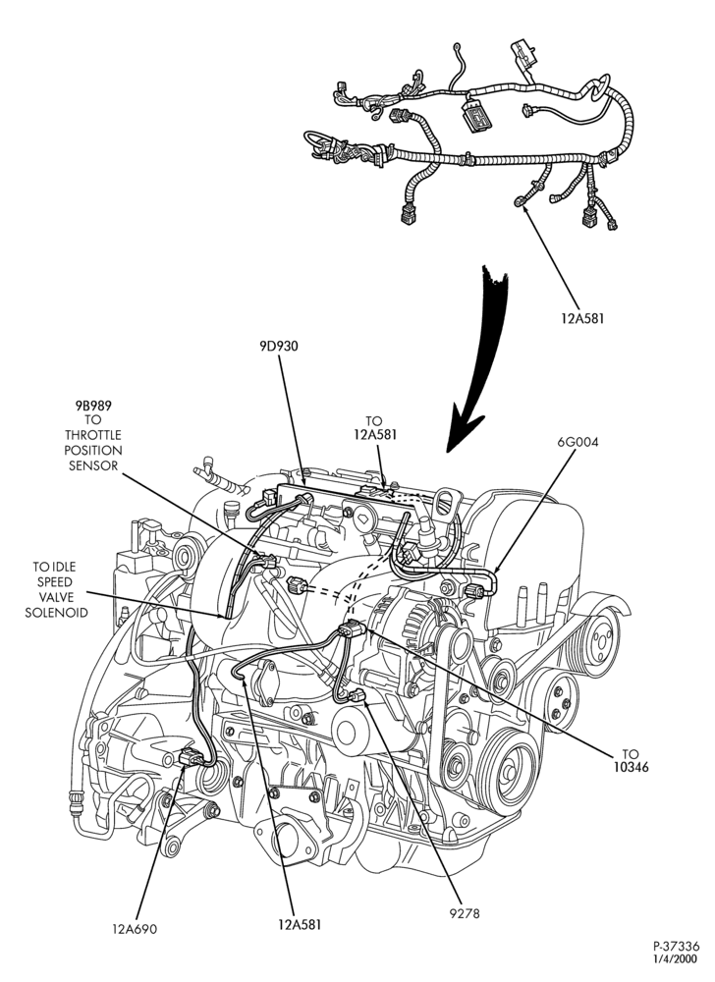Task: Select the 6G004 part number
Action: [x=577, y=442]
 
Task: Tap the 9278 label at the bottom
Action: [x=464, y=913]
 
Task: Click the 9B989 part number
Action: [x=94, y=406]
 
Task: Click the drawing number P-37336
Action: [x=676, y=947]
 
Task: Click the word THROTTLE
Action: [x=93, y=435]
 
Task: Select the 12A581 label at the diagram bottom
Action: [x=300, y=924]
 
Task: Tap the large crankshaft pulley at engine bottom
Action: [x=507, y=769]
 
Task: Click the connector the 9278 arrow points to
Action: [x=357, y=694]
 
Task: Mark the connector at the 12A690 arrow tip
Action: [x=190, y=758]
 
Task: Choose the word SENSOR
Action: [x=93, y=465]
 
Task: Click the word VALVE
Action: [x=54, y=597]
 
